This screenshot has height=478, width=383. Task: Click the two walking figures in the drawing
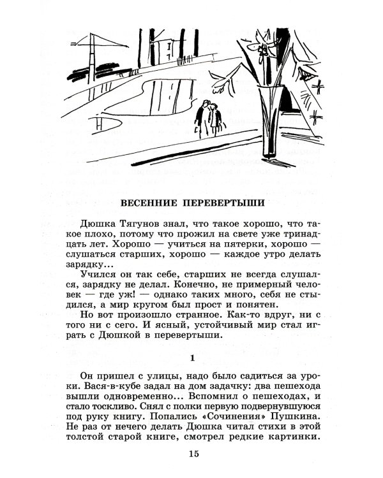[207, 118]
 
